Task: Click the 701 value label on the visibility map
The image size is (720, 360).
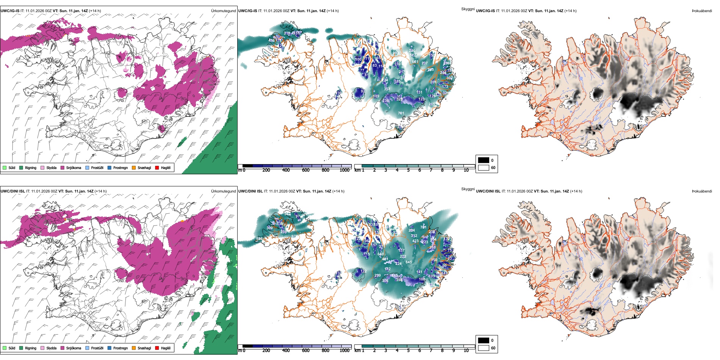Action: pyautogui.click(x=401, y=113)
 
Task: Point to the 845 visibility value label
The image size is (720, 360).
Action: pyautogui.click(x=409, y=262)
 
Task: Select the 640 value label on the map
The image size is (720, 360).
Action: pyautogui.click(x=380, y=254)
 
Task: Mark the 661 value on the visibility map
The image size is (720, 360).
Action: pyautogui.click(x=415, y=62)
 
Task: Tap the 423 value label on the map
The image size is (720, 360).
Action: pyautogui.click(x=416, y=241)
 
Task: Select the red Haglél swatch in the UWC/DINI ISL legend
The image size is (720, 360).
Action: pyautogui.click(x=157, y=348)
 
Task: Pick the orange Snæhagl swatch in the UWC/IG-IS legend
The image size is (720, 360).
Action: pyautogui.click(x=134, y=167)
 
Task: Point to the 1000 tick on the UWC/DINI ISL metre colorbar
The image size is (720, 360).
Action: pyautogui.click(x=344, y=351)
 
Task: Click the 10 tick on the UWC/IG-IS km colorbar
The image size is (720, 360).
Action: pyautogui.click(x=466, y=170)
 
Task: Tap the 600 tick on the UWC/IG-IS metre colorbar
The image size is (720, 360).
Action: pyautogui.click(x=306, y=170)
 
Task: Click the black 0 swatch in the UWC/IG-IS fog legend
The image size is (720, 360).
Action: pyautogui.click(x=484, y=160)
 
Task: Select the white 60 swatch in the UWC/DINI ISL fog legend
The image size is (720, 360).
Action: pyautogui.click(x=484, y=348)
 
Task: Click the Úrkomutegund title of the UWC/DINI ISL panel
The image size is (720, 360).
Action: pyautogui.click(x=223, y=191)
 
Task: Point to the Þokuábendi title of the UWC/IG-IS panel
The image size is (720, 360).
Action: pyautogui.click(x=702, y=11)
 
